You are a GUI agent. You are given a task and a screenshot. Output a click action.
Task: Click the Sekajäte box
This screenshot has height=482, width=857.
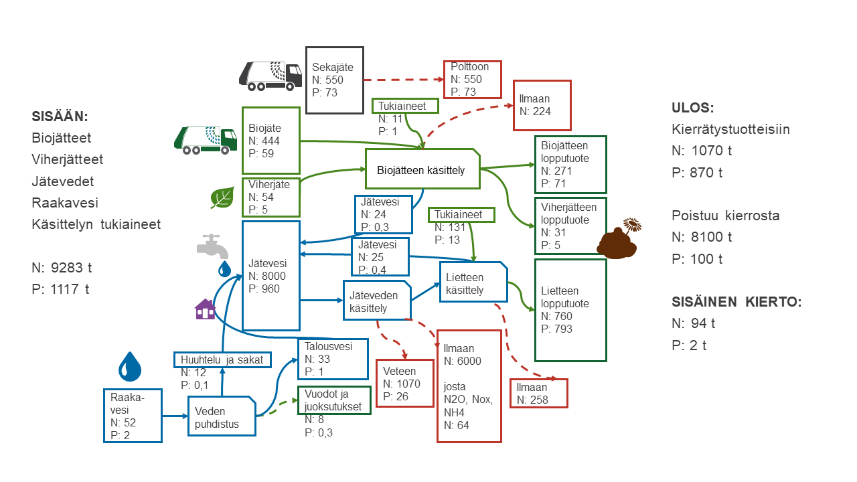point(334,80)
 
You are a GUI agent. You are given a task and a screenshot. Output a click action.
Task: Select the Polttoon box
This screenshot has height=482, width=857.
point(472,80)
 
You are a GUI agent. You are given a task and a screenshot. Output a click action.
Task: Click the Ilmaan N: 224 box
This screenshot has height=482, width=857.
point(542,105)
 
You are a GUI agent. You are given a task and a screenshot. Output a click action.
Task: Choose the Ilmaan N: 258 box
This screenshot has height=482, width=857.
point(538,393)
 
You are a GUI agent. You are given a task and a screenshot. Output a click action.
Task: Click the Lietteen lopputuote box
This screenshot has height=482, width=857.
point(570,310)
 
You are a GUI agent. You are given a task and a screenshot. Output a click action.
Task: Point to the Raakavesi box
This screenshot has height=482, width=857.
point(133,415)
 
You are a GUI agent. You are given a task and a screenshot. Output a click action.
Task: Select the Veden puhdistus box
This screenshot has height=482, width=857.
point(222,417)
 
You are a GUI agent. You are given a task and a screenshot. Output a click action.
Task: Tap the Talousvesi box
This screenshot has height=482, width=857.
point(333,359)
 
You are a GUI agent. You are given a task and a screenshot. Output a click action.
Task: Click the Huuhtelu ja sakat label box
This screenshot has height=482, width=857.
point(222,360)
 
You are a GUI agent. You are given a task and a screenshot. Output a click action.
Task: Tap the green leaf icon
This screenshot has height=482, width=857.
point(222,197)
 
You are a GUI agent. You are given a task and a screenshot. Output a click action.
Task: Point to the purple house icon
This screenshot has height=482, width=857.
point(206,309)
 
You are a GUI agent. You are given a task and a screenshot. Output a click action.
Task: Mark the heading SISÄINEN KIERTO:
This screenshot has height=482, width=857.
point(736,301)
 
